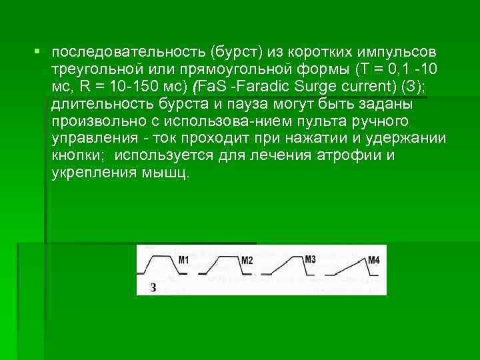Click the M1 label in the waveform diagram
[x=183, y=259]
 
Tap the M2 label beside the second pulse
[x=247, y=260]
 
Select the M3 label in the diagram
[x=309, y=259]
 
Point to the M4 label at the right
[x=373, y=259]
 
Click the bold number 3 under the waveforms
[x=154, y=287]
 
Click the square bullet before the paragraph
[x=38, y=51]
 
